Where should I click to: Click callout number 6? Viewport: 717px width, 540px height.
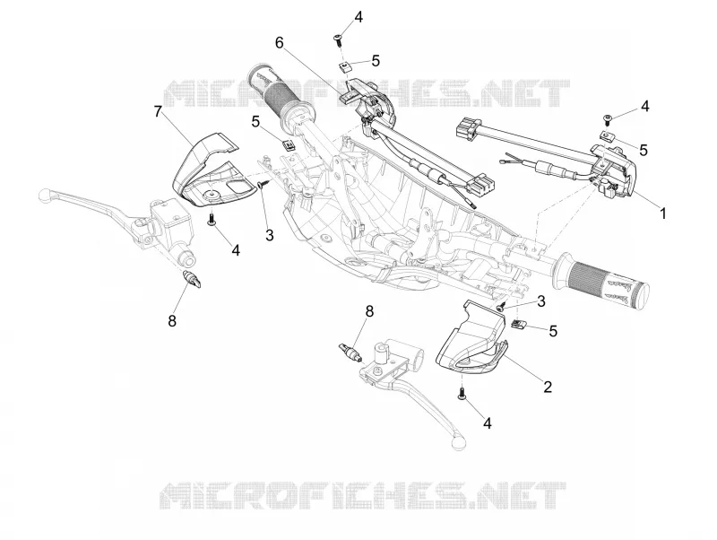click(279, 42)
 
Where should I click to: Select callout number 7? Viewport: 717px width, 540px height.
click(158, 111)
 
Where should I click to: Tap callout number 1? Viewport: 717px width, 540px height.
click(662, 213)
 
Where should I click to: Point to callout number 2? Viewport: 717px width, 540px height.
click(548, 387)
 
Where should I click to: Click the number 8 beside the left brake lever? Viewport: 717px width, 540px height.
click(172, 321)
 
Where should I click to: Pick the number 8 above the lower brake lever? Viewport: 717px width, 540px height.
click(369, 311)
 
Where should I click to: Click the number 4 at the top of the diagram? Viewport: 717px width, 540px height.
click(358, 17)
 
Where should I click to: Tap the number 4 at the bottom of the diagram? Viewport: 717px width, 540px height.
click(488, 423)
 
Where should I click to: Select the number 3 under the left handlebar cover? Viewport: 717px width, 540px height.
click(270, 235)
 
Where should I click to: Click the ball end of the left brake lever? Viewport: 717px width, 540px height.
click(44, 195)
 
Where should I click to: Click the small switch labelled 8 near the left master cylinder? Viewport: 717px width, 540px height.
click(192, 280)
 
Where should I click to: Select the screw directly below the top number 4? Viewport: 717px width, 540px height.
click(339, 39)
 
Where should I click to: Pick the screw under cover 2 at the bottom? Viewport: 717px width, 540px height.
click(462, 393)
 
